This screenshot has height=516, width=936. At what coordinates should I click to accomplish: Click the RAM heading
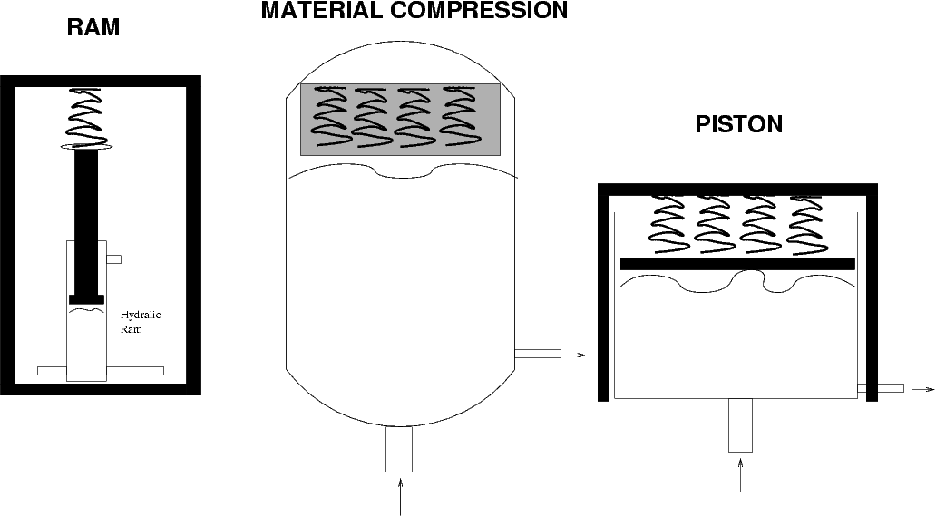(x=93, y=27)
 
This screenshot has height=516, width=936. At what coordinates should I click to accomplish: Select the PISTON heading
(x=738, y=124)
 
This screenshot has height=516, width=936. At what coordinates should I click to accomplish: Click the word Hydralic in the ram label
(x=141, y=316)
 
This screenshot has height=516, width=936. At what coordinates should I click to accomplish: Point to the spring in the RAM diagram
(x=85, y=118)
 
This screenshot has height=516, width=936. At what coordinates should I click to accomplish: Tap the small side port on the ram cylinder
(x=114, y=259)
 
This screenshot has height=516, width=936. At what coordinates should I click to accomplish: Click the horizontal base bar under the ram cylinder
(x=101, y=371)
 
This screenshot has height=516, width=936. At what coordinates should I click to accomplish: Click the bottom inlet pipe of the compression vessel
(x=399, y=449)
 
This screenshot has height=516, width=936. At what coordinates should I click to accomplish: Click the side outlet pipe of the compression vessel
(x=538, y=354)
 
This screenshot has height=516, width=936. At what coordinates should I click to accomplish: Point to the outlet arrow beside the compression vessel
(x=575, y=355)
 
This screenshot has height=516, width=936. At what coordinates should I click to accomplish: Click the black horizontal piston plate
(x=737, y=264)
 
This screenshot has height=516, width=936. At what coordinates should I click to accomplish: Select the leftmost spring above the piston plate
(x=668, y=224)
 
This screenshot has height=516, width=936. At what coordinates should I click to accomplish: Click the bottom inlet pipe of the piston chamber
(x=740, y=425)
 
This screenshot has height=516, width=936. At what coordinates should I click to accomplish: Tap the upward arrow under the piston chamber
(x=741, y=475)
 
